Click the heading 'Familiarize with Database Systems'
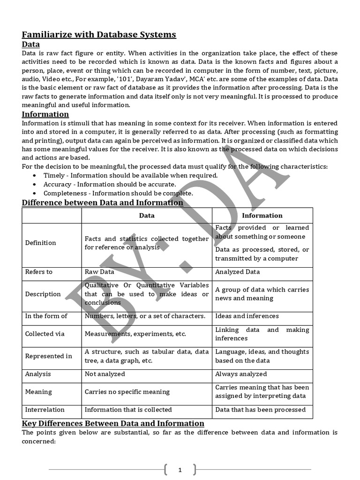tap(99, 34)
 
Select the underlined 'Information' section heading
tap(45, 114)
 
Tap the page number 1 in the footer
tap(180, 469)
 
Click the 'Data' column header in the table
tap(147, 216)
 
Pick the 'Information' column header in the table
tap(262, 216)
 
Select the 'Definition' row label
tap(40, 243)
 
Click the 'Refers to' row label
tap(38, 272)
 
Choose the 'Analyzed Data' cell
tap(237, 272)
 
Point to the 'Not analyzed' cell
tap(105, 374)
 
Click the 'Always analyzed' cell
tap(241, 374)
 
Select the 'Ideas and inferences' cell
tap(247, 316)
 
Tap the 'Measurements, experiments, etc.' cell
tap(135, 334)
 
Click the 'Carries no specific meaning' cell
tap(127, 392)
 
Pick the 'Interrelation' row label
tap(45, 410)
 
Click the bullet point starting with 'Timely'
tap(130, 175)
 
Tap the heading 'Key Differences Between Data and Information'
tap(113, 423)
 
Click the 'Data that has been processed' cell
tap(260, 410)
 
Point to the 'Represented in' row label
tap(48, 356)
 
